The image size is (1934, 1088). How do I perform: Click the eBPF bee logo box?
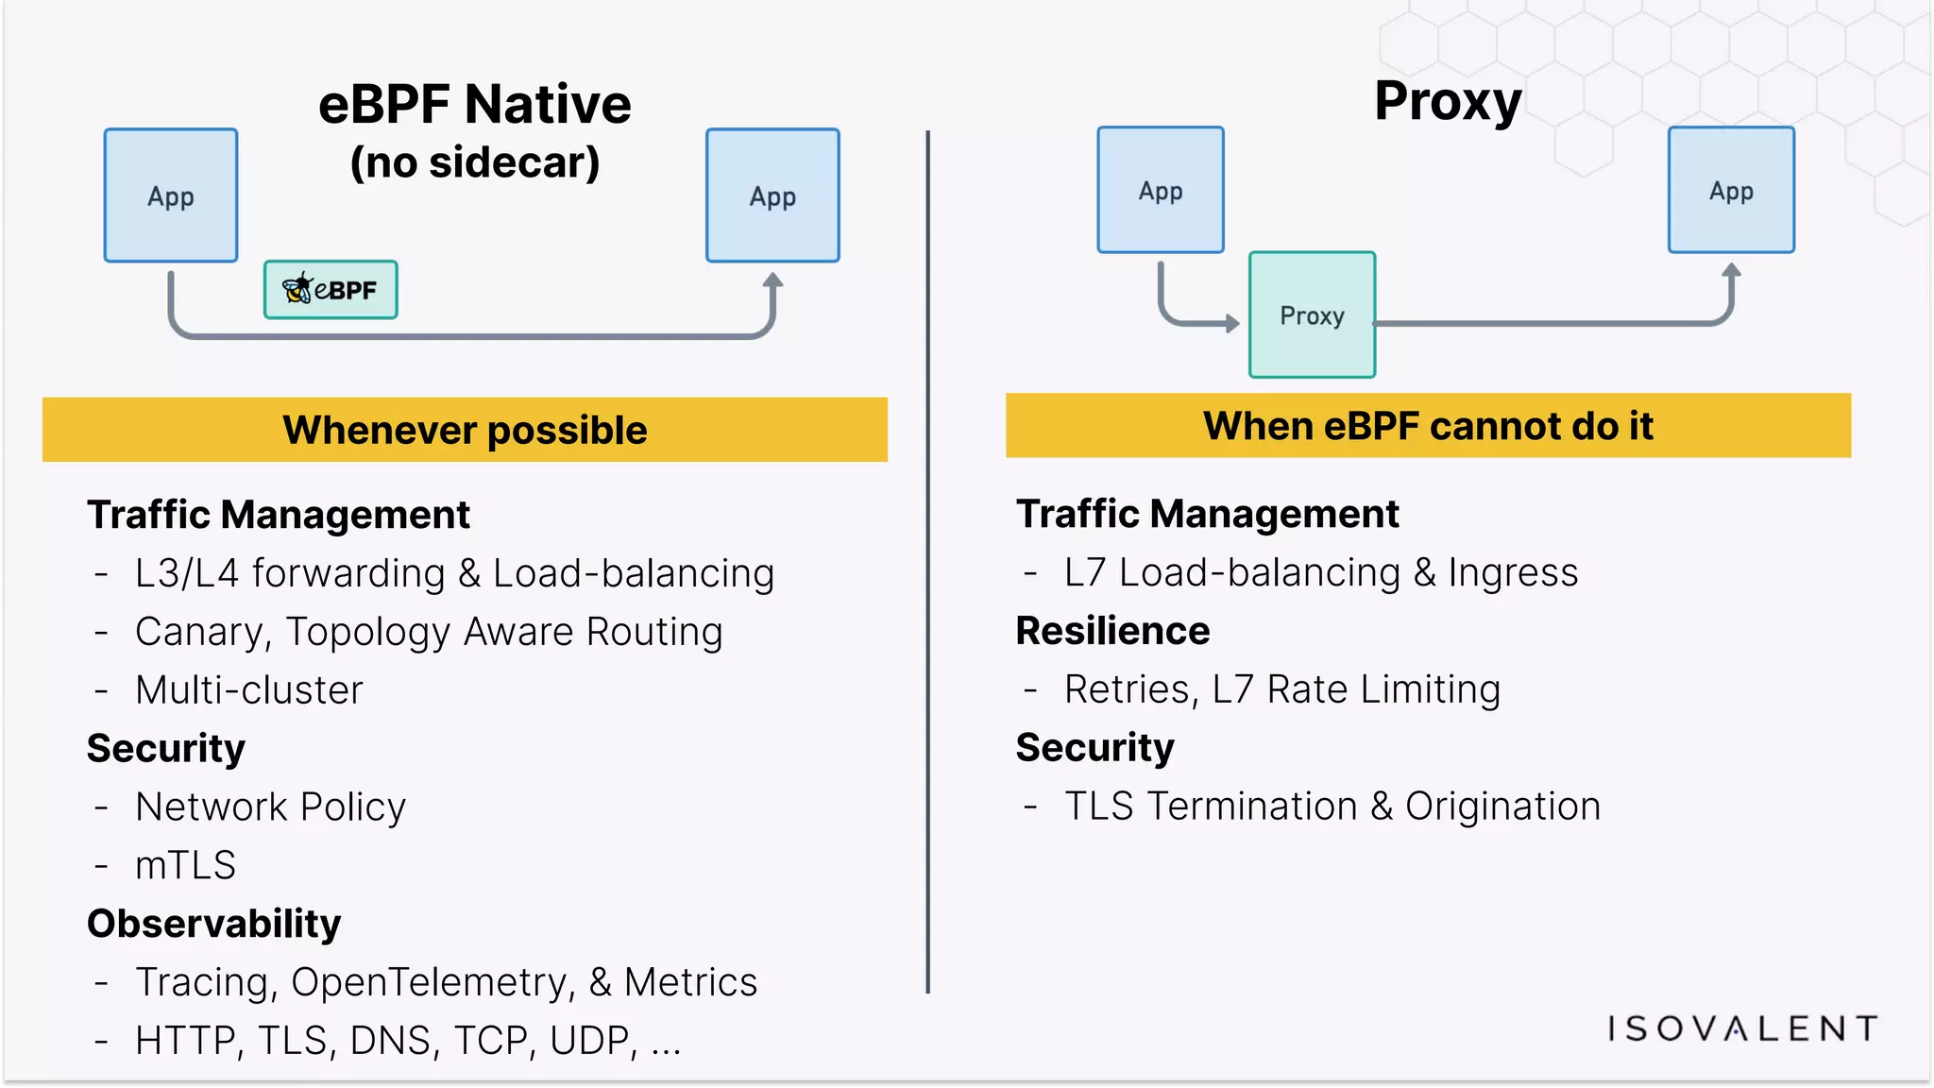pos(331,290)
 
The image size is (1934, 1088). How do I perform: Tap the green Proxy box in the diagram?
pos(1312,314)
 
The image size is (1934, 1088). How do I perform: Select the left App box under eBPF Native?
pos(171,195)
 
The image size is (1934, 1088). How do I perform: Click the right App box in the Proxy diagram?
pos(1731,190)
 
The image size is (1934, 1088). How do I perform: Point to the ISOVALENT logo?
pos(1742,1028)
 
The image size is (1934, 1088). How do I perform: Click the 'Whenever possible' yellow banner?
pos(465,430)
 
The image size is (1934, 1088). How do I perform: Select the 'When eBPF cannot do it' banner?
pos(1428,426)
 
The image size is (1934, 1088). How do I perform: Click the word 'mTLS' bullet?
pos(185,865)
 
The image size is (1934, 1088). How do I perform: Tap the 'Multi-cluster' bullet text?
pos(249,690)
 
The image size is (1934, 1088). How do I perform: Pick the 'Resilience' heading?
pos(1112,631)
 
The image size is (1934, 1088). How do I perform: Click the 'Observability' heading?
pos(214,924)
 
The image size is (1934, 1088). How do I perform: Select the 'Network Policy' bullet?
pos(270,807)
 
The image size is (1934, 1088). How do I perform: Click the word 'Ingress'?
pos(1513,573)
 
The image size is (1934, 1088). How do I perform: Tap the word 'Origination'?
pos(1502,807)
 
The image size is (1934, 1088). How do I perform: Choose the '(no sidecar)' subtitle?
pos(475,162)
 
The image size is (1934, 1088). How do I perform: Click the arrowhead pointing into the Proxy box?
pos(1231,324)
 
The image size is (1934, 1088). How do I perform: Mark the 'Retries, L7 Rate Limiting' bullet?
pos(1281,689)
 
